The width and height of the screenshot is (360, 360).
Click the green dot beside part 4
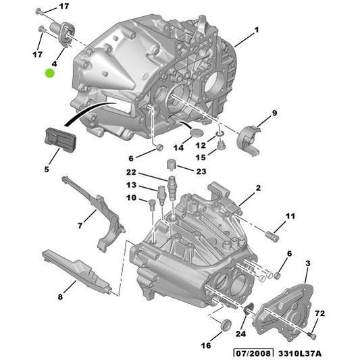[x=49, y=72]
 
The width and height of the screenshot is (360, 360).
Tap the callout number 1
[x=257, y=30]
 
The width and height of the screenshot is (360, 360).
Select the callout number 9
[x=275, y=112]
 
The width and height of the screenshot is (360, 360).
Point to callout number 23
[x=202, y=172]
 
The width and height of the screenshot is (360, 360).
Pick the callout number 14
[x=178, y=147]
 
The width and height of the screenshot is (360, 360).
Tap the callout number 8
[x=60, y=296]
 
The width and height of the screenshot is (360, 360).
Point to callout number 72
[x=320, y=314]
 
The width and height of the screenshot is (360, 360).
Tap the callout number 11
[x=290, y=216]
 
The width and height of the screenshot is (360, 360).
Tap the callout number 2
[x=258, y=187]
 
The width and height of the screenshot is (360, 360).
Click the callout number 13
[x=130, y=184]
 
